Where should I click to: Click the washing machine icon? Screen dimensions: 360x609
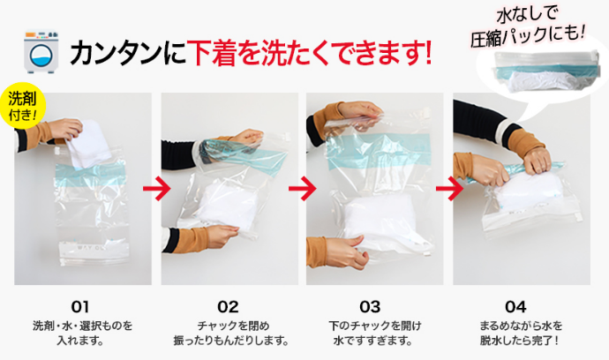(38, 51)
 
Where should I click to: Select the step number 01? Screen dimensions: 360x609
(81, 305)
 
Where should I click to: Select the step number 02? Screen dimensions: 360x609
(228, 305)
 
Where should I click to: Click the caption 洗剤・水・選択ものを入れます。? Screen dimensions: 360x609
(81, 333)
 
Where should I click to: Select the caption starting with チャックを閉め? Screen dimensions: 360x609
(228, 333)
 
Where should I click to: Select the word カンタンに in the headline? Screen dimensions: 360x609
(124, 52)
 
